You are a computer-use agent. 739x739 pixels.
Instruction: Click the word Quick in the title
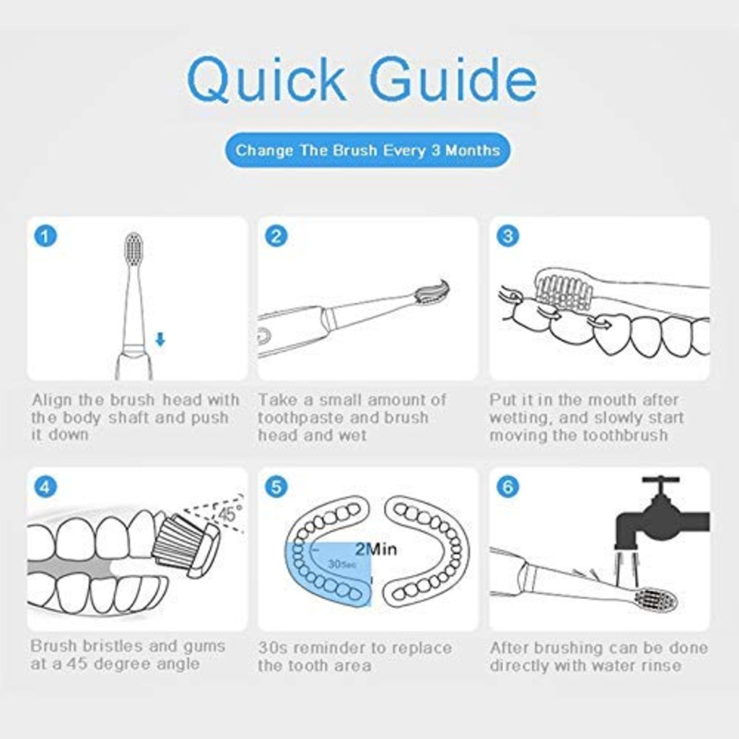pos(266,79)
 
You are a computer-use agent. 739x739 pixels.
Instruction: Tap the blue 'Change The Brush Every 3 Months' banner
pos(367,150)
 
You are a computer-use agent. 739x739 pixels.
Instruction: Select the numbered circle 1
pos(45,236)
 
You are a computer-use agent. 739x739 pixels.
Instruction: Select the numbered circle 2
pos(276,236)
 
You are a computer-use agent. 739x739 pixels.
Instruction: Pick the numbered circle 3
pos(507,236)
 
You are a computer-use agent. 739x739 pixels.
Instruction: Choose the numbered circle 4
pos(45,487)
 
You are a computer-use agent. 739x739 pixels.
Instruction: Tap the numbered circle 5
pos(276,487)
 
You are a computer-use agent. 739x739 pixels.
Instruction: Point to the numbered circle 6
pos(507,487)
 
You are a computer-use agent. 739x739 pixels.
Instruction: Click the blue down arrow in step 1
pos(160,339)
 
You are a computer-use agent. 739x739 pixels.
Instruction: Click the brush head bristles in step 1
pos(134,249)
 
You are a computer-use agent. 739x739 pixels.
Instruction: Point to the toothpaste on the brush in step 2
pos(433,292)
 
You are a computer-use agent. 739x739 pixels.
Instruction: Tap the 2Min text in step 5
pos(375,549)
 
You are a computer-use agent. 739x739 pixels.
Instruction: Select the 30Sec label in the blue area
pos(342,564)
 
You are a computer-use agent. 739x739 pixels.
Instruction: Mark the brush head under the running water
pos(656,600)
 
